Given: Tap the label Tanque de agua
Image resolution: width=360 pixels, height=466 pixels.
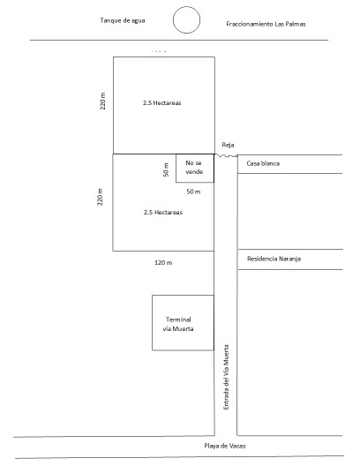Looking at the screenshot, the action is (x=123, y=20).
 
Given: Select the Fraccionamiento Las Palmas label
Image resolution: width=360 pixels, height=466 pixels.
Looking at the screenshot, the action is (x=266, y=24).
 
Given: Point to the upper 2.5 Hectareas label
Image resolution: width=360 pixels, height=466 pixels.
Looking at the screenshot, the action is (x=161, y=103).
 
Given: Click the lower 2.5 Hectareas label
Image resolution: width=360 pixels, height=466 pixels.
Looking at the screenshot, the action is (x=163, y=212).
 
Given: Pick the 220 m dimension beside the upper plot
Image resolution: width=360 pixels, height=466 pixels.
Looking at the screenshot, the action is (x=102, y=101).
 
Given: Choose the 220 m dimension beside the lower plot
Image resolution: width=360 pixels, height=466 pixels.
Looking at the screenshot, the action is (x=100, y=197).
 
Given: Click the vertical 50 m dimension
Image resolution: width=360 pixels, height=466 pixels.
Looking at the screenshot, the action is (x=166, y=169).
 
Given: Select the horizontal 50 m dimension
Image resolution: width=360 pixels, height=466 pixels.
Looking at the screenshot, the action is (x=193, y=192).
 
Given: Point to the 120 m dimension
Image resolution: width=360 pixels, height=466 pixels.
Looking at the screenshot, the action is (x=163, y=263).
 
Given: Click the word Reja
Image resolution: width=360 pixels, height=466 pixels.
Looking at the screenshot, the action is (x=228, y=145).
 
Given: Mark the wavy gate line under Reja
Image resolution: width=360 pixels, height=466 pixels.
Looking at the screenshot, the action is (x=226, y=155).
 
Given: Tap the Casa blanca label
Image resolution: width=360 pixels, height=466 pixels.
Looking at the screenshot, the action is (x=263, y=163).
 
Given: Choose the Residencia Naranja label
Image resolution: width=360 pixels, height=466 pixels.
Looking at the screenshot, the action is (x=274, y=259).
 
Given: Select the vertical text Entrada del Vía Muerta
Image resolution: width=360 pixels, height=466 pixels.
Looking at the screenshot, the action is (x=227, y=377).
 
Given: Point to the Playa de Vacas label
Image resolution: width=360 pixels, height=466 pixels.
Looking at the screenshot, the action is (x=225, y=446).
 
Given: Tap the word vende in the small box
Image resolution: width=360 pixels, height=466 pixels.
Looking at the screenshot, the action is (x=194, y=172).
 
